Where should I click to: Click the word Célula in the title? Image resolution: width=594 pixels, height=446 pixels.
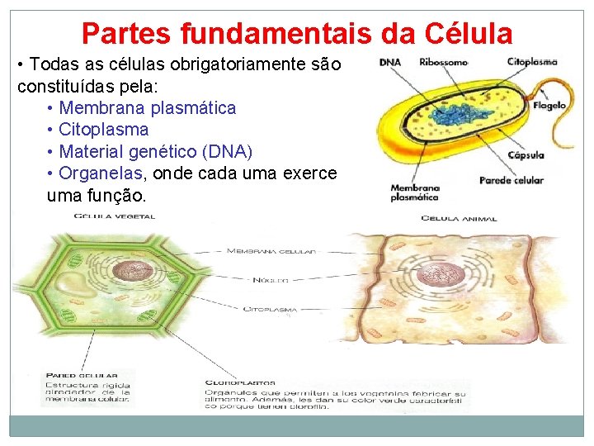pyautogui.click(x=469, y=34)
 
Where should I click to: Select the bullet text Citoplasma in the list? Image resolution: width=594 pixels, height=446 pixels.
pyautogui.click(x=103, y=130)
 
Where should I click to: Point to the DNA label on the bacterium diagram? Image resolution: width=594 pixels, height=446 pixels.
pyautogui.click(x=390, y=62)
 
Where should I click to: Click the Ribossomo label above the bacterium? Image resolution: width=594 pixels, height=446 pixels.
pyautogui.click(x=444, y=62)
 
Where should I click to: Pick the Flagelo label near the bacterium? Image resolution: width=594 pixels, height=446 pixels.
pyautogui.click(x=550, y=106)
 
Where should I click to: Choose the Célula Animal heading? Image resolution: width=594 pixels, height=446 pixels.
pyautogui.click(x=459, y=219)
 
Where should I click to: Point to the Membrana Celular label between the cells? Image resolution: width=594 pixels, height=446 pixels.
pyautogui.click(x=271, y=251)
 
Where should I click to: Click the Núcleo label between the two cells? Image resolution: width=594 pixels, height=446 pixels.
pyautogui.click(x=271, y=281)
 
